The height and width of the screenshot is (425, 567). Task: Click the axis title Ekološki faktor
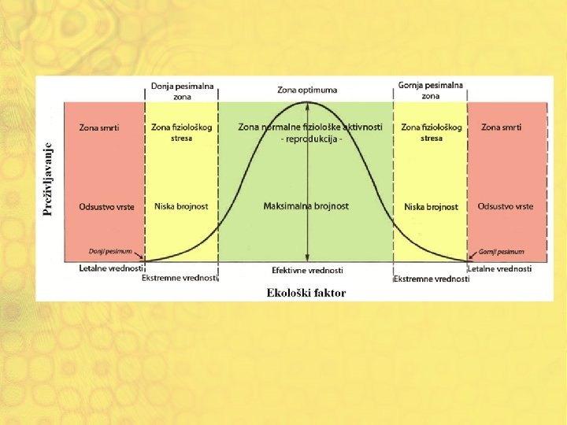[x=306, y=293]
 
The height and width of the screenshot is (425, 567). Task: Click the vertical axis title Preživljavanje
[x=48, y=179]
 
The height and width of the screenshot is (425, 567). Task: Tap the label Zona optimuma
[x=309, y=90]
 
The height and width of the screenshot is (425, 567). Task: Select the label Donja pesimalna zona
[x=182, y=91]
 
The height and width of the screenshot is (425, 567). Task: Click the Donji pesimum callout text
[x=105, y=252]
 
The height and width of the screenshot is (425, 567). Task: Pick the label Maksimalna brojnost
[x=306, y=206]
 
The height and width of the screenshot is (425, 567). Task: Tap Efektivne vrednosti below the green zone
[x=307, y=270]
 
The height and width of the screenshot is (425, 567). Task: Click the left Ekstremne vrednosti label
[x=179, y=279]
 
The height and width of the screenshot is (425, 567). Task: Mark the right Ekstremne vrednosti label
[x=431, y=279]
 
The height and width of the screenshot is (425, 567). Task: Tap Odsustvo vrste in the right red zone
[x=505, y=206]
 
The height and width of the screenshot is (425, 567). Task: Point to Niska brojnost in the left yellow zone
[x=181, y=206]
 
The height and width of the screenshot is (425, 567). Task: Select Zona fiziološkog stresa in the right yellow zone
[x=431, y=132]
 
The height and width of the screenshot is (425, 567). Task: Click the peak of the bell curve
[x=308, y=102]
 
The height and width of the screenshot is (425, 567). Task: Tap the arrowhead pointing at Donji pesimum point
[x=143, y=258]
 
